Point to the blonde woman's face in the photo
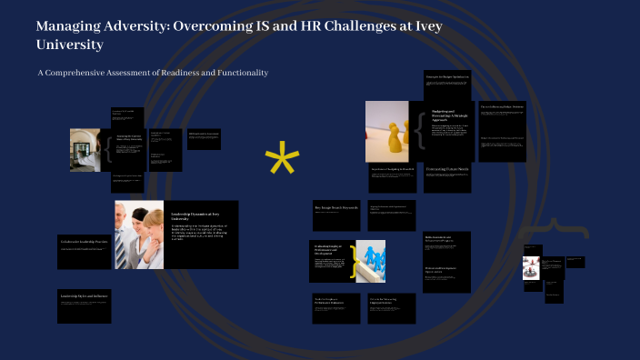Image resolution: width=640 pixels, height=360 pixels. coord(153,221)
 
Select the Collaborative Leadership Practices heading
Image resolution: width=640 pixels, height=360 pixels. coord(83,242)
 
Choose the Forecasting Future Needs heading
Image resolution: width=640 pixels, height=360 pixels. coord(447,170)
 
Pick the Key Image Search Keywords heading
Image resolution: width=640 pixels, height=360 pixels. coord(335,208)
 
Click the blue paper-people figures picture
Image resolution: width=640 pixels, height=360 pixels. coord(371,262)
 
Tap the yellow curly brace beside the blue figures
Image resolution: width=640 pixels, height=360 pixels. coord(352,261)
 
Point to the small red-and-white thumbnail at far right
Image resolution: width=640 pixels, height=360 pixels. coord(531,268)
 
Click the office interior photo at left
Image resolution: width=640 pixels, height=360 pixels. coord(86,150)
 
